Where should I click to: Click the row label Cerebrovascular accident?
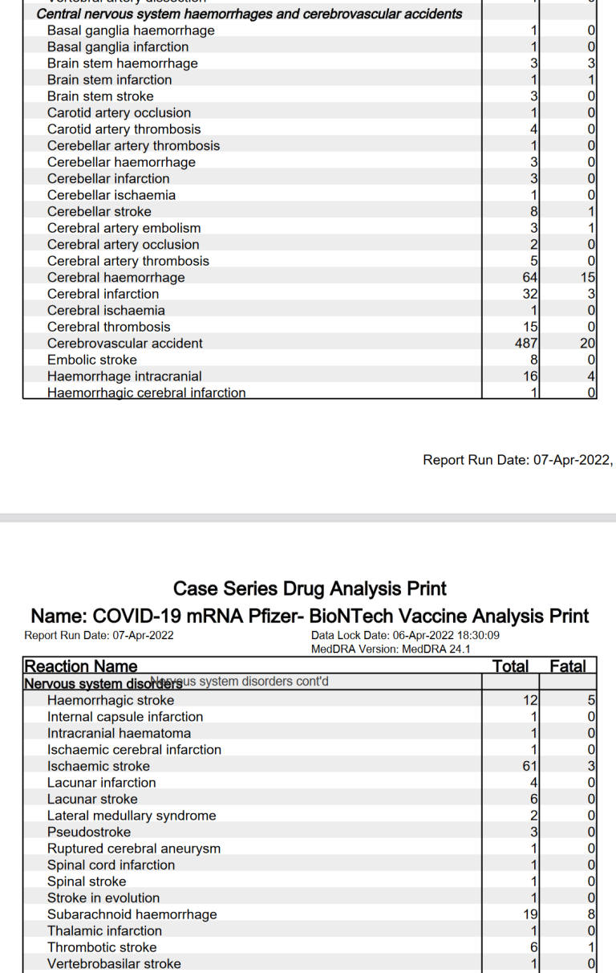(x=124, y=344)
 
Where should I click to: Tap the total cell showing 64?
(x=529, y=278)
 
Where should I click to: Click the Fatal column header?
(x=567, y=666)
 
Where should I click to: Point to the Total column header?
(x=510, y=666)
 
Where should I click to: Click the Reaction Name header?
(x=81, y=666)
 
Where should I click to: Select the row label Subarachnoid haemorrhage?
(x=132, y=914)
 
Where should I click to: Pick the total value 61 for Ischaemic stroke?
(x=529, y=766)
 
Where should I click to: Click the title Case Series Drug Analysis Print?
(x=310, y=588)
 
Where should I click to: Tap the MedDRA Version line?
(x=390, y=649)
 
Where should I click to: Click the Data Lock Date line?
(x=405, y=635)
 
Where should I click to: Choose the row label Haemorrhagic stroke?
(x=110, y=700)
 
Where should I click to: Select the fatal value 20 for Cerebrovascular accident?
(x=588, y=344)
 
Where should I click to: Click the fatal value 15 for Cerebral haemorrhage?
(x=588, y=278)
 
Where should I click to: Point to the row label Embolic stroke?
(x=92, y=360)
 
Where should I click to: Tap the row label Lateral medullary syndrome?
(x=132, y=816)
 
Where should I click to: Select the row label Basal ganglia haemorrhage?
(x=131, y=31)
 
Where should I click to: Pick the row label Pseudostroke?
(x=88, y=832)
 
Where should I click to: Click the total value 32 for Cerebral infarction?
(x=529, y=294)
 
